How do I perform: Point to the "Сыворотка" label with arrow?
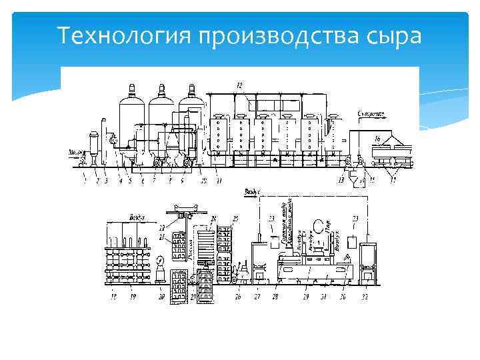373,114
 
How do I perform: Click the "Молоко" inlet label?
76,153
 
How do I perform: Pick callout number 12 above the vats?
240,84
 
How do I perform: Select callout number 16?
377,139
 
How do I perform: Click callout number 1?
85,179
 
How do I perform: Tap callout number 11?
221,180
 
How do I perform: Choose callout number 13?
342,180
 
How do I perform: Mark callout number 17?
393,180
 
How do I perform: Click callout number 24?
214,218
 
